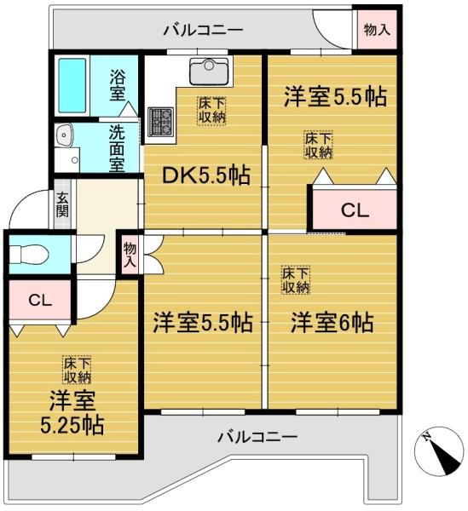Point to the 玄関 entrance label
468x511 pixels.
pyautogui.click(x=62, y=206)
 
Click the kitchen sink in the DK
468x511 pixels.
pyautogui.click(x=205, y=70)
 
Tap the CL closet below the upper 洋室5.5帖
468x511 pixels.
pyautogui.click(x=354, y=210)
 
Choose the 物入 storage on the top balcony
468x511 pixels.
pyautogui.click(x=377, y=29)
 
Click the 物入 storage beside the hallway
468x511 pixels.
pyautogui.click(x=130, y=255)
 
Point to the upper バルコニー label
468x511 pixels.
pyautogui.click(x=204, y=31)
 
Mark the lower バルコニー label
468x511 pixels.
pyautogui.click(x=256, y=437)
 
